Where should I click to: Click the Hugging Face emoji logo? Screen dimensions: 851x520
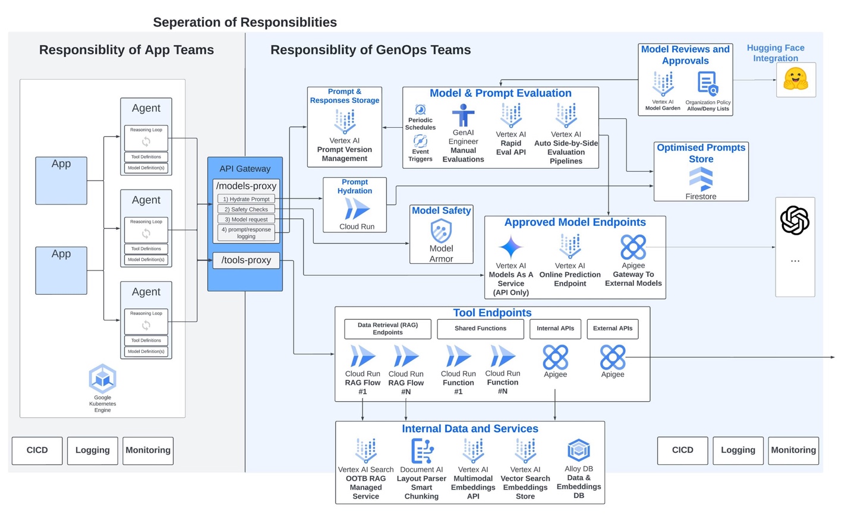796,79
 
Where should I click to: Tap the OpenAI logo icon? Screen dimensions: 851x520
795,220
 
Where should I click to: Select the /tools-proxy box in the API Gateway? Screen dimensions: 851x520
246,260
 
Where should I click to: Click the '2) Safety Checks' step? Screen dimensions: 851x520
246,209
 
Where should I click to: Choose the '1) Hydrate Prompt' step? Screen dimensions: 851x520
246,199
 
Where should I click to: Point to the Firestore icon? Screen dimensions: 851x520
701,179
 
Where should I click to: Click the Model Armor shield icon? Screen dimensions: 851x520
441,231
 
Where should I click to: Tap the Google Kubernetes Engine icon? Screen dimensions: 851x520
103,379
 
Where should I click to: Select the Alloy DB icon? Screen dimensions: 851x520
579,450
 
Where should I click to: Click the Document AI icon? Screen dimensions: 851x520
422,451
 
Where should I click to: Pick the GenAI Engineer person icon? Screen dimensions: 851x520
463,115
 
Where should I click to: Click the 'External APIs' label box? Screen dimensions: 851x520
613,329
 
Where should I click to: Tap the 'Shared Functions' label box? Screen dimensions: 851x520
481,329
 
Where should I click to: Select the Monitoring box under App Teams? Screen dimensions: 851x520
148,450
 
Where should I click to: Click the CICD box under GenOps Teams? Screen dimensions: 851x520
683,450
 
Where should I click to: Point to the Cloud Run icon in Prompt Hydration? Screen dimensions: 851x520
357,209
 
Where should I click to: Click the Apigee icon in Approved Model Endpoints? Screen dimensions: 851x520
633,247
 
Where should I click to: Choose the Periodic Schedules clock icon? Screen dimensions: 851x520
420,110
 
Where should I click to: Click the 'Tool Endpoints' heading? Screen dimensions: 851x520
493,313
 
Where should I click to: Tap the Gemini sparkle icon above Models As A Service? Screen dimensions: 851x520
510,247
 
